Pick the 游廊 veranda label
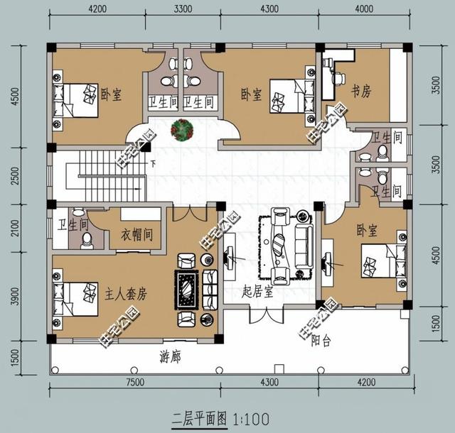point(170,356)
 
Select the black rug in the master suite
point(188,287)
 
